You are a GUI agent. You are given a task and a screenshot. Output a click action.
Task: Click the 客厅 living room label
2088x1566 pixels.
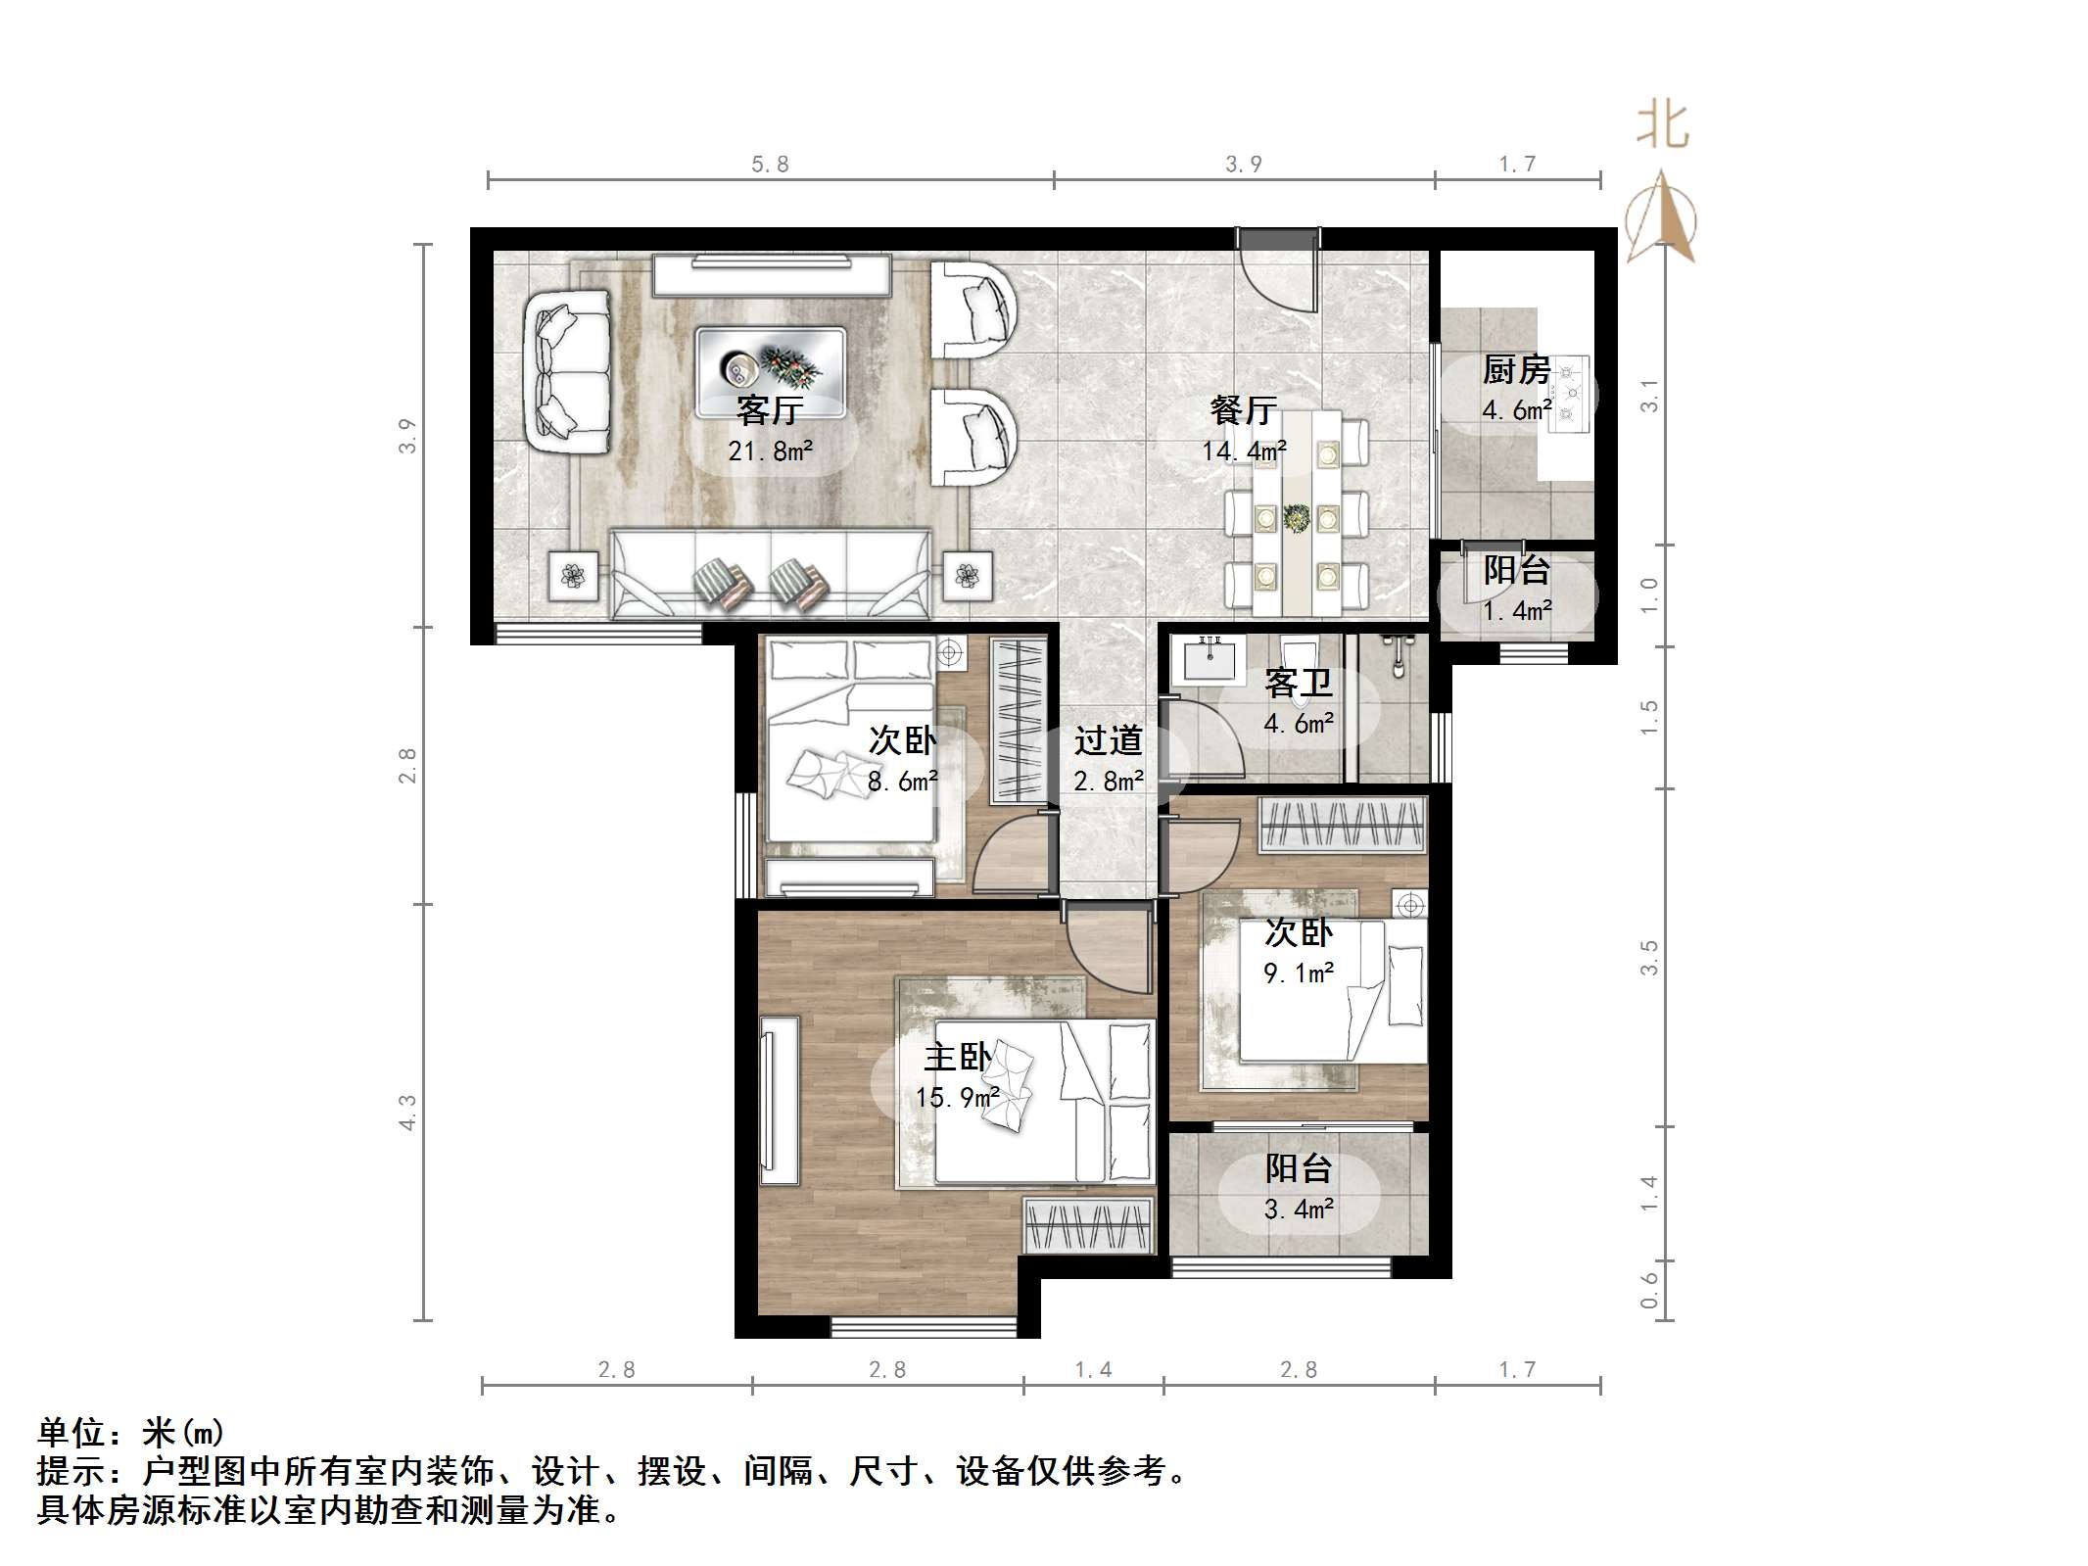pos(770,410)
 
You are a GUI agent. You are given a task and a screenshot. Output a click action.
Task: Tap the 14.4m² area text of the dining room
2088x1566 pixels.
pos(1244,451)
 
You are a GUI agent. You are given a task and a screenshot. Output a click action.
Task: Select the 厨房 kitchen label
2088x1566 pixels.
pos(1516,370)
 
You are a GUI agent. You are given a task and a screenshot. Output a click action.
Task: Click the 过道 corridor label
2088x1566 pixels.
pos(1108,741)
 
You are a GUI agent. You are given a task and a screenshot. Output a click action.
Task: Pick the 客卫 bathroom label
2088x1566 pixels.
pos(1299,683)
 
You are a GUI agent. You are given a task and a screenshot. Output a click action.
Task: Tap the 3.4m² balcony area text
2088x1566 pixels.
pos(1299,1210)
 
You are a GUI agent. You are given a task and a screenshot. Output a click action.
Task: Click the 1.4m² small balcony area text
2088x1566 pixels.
pos(1516,611)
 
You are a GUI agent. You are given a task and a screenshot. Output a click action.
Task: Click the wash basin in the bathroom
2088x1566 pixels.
pos(1212,658)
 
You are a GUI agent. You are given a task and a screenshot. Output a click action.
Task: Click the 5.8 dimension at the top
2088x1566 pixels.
pos(770,165)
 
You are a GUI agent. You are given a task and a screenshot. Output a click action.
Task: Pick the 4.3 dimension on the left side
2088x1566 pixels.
pos(407,1113)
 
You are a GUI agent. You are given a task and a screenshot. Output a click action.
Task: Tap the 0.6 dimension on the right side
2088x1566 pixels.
pos(1649,1290)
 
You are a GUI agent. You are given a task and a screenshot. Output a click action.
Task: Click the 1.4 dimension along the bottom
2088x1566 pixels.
pos(1093,1369)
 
